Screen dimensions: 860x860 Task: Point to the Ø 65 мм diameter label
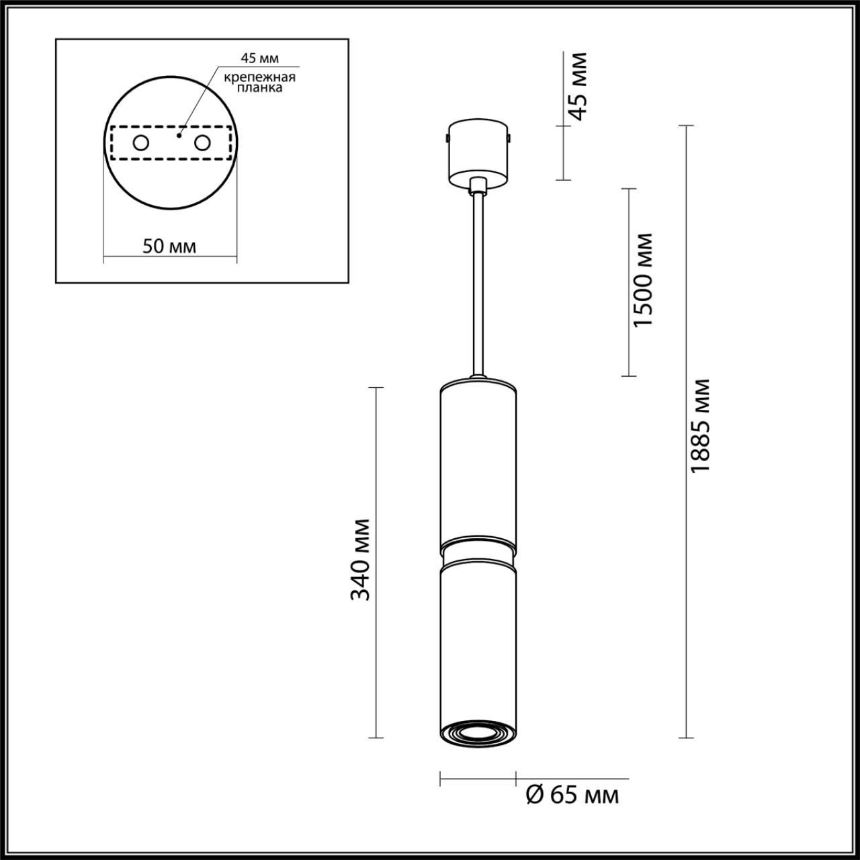[x=571, y=795]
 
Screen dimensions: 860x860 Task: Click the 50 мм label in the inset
[x=169, y=246]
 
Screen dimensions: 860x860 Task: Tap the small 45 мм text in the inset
[x=260, y=58]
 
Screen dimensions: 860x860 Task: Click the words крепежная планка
[x=260, y=82]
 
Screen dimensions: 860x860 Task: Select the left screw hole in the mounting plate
[x=141, y=142]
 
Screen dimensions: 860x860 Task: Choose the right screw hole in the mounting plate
[x=202, y=142]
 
